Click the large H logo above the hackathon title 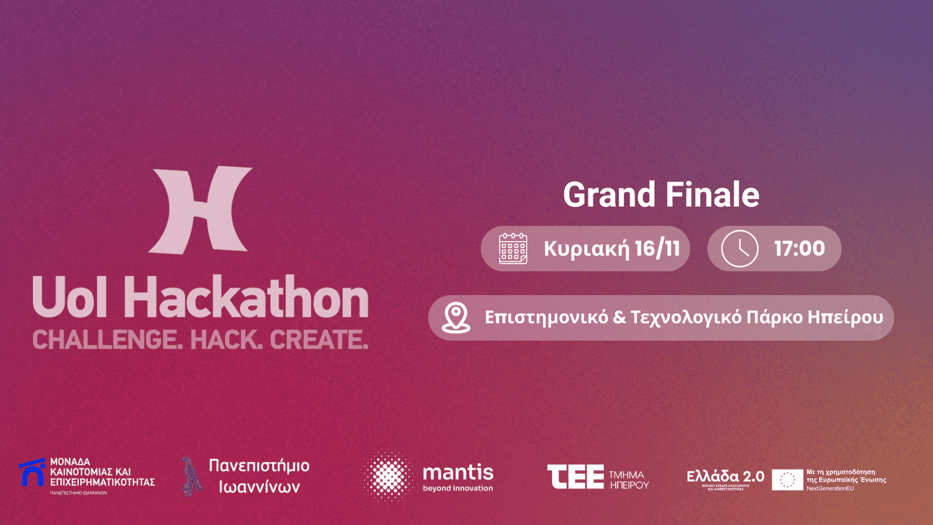(x=201, y=210)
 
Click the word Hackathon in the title (x=246, y=298)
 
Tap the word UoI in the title (x=70, y=298)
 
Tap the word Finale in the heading (x=712, y=195)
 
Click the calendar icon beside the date (x=513, y=249)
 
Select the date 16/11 (x=657, y=249)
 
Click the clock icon (x=739, y=249)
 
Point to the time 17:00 (x=799, y=249)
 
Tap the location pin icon (x=456, y=318)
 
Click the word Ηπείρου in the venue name (x=845, y=317)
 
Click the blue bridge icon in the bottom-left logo (x=33, y=473)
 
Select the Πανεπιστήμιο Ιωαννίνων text (x=259, y=476)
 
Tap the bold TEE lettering (x=576, y=477)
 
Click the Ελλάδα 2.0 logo (x=725, y=477)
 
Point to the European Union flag (x=787, y=480)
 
